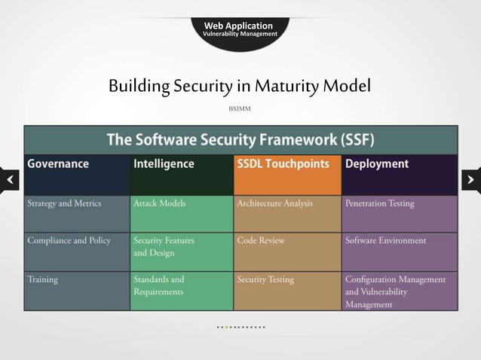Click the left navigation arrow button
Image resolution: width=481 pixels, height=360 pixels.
(x=9, y=180)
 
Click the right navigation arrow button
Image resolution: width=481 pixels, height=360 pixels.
(x=470, y=180)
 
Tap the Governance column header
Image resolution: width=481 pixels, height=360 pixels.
(x=76, y=175)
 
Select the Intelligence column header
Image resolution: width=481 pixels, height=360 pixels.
(x=182, y=175)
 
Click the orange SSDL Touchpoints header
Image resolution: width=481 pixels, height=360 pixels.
(x=287, y=175)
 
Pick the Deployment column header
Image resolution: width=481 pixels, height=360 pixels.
(x=399, y=175)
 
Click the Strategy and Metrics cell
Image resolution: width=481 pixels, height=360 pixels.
(x=76, y=214)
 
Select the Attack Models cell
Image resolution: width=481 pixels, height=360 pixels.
(x=182, y=214)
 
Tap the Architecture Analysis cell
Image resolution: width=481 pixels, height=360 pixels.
(x=287, y=214)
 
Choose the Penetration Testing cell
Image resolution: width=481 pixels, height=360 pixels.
(x=399, y=214)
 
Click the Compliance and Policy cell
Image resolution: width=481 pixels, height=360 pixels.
(x=76, y=252)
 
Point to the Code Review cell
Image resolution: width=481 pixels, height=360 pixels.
(x=287, y=252)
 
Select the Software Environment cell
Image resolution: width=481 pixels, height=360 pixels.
(x=399, y=252)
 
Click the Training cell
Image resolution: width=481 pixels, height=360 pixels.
(x=76, y=291)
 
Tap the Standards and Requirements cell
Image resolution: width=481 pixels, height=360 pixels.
(x=182, y=291)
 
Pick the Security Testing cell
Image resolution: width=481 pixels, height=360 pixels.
(x=287, y=291)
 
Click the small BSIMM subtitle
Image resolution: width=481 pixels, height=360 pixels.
(x=240, y=109)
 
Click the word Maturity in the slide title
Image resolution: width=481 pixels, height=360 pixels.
(x=287, y=86)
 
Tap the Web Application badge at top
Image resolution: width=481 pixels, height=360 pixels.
(x=240, y=29)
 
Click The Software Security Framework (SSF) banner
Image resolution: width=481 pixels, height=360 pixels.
(x=240, y=139)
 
